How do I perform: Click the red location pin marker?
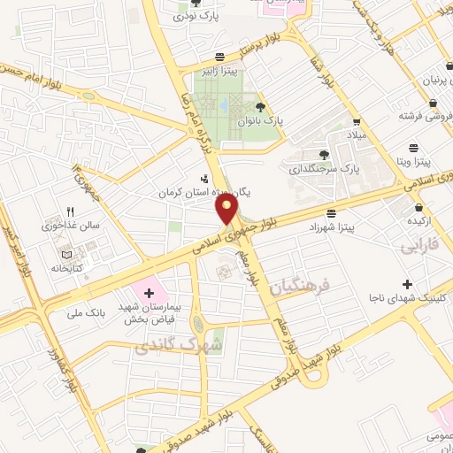[227, 208]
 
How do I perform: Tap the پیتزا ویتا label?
[411, 162]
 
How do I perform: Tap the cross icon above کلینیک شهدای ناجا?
[407, 285]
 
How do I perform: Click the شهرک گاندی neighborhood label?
[165, 344]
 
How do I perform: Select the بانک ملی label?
[86, 312]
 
